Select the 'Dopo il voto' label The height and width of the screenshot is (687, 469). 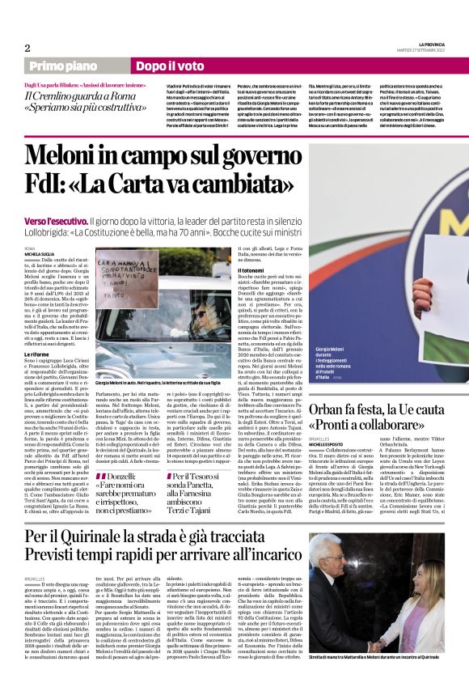(x=147, y=66)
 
